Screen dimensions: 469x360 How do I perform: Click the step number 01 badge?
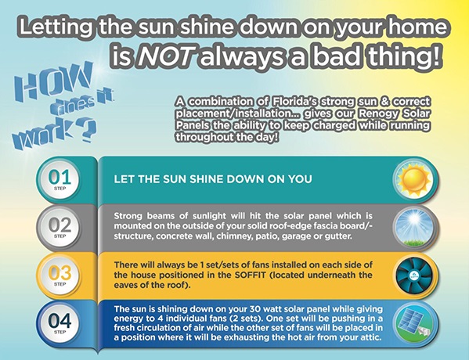pos(60,180)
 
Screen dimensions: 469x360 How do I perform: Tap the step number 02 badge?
pos(60,228)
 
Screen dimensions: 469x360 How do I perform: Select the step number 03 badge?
pos(60,275)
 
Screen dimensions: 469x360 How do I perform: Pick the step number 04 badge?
pos(60,323)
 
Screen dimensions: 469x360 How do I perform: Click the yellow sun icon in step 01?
pos(414,180)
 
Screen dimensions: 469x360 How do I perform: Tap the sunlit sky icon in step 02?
pos(414,228)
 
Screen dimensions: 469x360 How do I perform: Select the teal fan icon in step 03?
pos(414,275)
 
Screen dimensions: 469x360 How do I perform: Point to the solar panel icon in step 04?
pos(414,323)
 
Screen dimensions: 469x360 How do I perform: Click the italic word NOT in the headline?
pos(164,56)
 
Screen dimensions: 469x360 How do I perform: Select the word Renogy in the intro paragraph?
pos(379,114)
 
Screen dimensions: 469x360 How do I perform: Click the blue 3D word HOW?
pos(55,81)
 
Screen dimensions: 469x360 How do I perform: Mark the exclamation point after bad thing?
pos(438,56)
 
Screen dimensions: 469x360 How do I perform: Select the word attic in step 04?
pos(372,337)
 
